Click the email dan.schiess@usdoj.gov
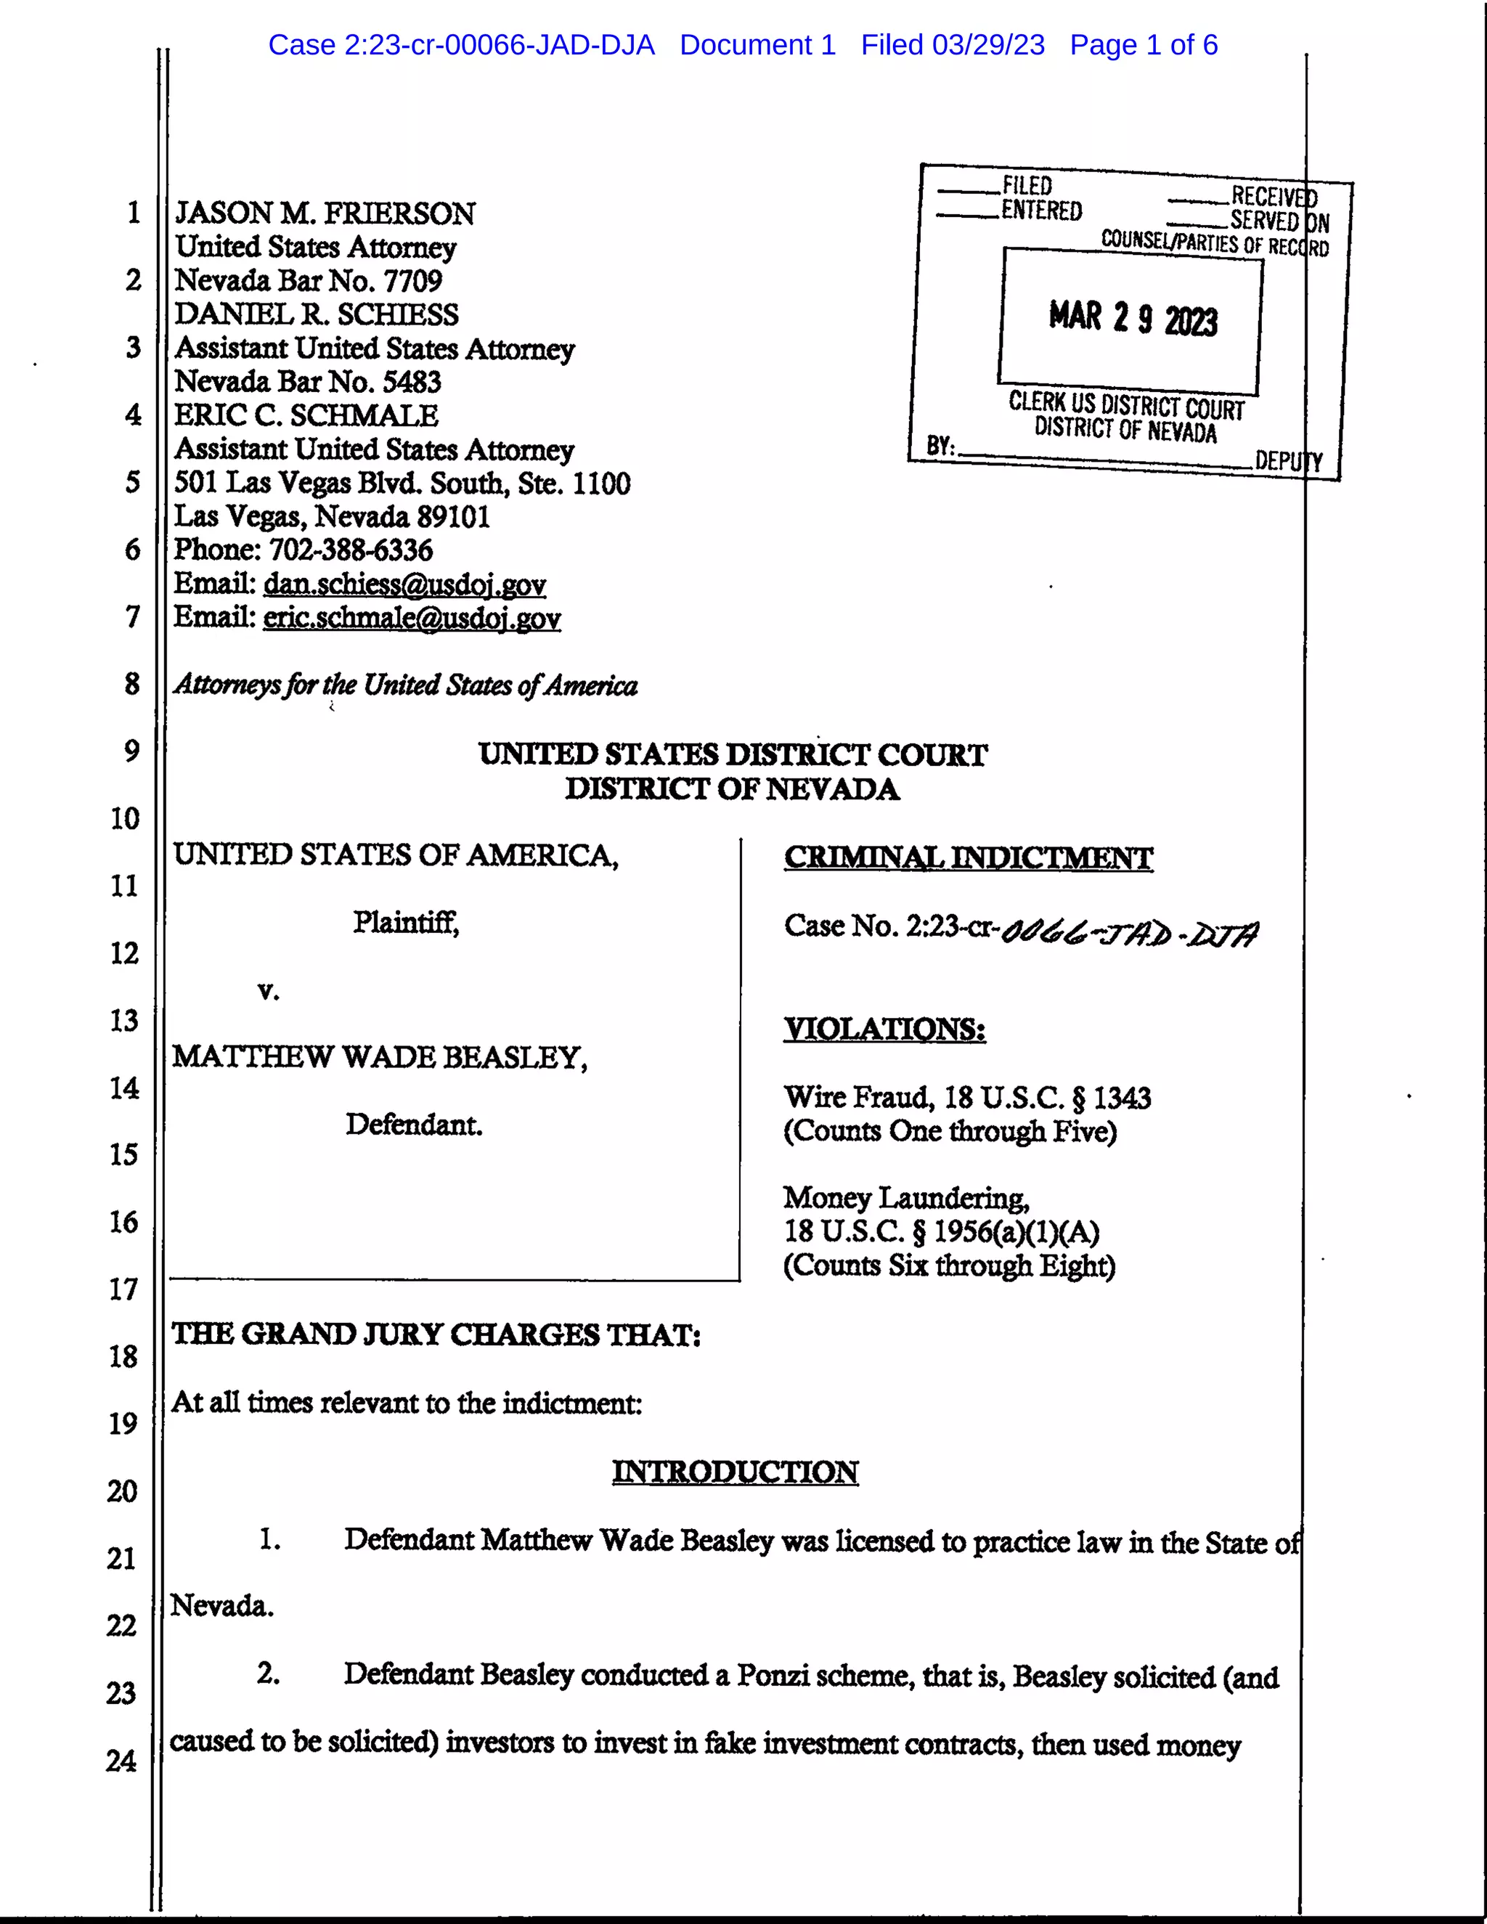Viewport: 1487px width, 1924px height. [404, 584]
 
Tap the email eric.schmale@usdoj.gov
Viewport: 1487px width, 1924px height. [412, 618]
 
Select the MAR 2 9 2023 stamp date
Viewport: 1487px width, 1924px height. [1133, 319]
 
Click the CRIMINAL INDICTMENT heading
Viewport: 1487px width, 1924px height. [968, 857]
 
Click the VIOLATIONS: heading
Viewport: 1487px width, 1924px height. [884, 1029]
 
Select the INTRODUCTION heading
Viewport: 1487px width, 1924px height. [735, 1472]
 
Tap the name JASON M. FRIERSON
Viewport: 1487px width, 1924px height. [325, 213]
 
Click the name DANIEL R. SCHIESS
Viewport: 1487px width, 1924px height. [317, 314]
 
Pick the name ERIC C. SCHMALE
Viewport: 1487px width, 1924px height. [306, 415]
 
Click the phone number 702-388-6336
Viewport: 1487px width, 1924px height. [351, 550]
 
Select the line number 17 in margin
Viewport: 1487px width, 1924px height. [124, 1289]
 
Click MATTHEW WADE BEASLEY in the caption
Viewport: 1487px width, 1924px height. [380, 1057]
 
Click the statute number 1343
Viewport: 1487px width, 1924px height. [1121, 1098]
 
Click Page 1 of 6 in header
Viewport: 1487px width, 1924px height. [1144, 45]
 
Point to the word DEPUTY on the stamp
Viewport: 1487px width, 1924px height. [1288, 461]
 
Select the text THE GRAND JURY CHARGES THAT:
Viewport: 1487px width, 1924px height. [436, 1334]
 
